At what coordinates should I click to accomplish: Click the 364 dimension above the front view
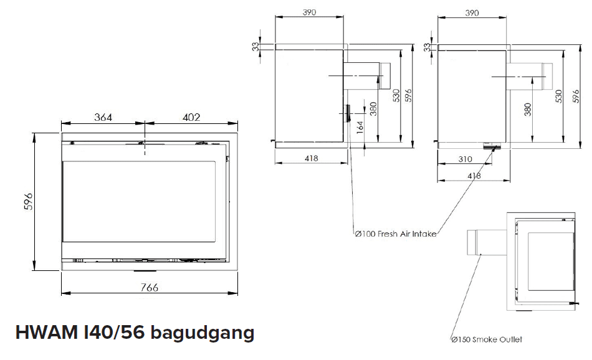[103, 117]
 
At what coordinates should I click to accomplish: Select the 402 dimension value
[191, 117]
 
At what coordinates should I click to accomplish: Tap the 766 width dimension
[150, 287]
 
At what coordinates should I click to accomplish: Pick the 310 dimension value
[464, 159]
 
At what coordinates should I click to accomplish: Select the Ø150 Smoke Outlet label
[486, 339]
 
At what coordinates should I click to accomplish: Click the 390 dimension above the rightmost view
[472, 12]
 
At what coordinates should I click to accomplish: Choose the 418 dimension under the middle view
[312, 159]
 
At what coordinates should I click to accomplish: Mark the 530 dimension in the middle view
[396, 95]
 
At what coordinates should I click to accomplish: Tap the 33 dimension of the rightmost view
[427, 47]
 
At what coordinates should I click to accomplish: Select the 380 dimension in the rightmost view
[528, 109]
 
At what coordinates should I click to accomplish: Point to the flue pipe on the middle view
[366, 76]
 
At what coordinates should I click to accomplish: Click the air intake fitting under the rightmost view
[491, 147]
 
